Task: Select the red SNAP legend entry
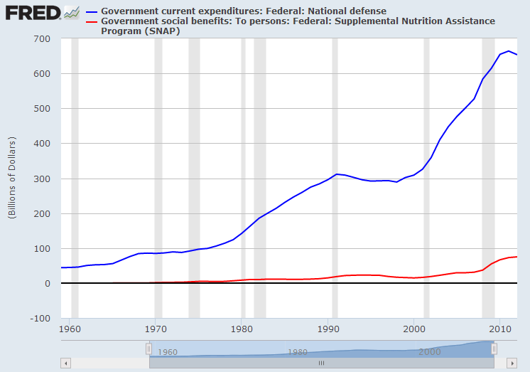[298, 26]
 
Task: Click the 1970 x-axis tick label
[155, 330]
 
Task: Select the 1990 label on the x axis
[328, 330]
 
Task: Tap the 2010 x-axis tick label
[500, 330]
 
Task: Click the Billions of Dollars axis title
[12, 178]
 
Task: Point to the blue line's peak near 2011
[508, 51]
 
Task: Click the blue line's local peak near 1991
[337, 174]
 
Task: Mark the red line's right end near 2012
[517, 256]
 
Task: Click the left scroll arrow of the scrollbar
[66, 363]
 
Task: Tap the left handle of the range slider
[148, 349]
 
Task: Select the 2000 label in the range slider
[430, 351]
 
